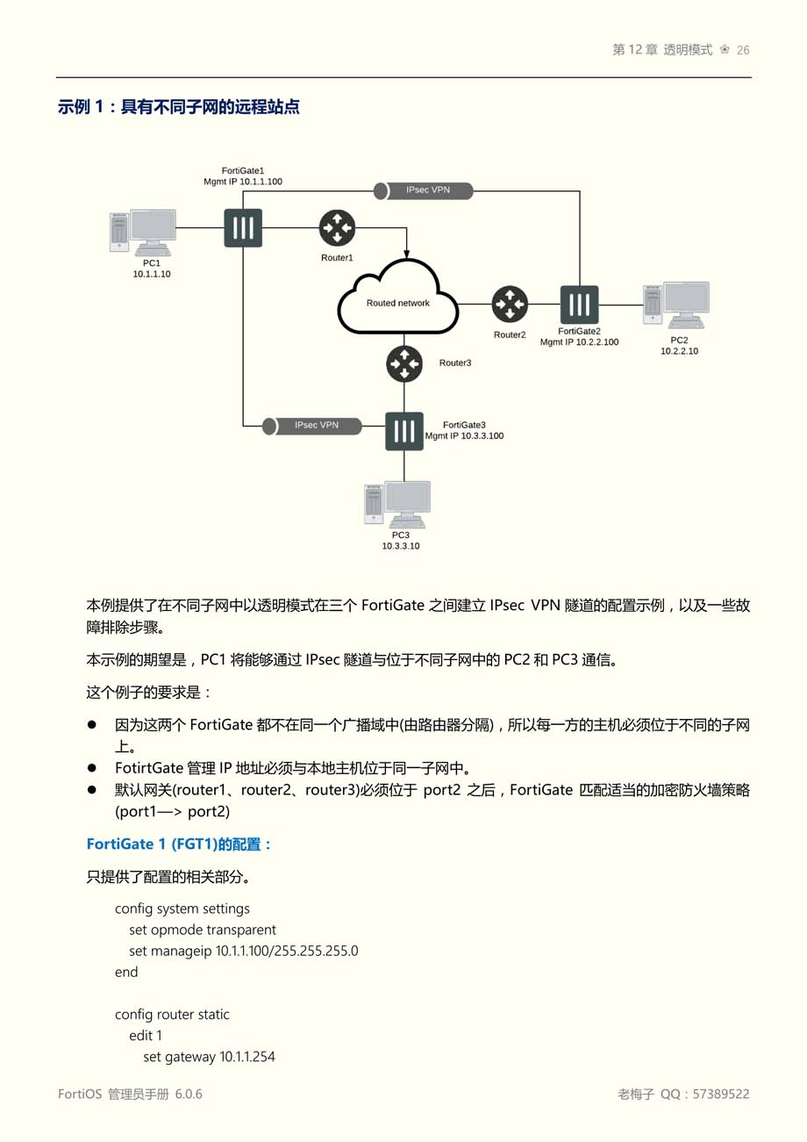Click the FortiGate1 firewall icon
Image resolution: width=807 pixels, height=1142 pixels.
243,227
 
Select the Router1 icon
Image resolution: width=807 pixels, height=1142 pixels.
336,228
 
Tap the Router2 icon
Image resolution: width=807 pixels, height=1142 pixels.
510,305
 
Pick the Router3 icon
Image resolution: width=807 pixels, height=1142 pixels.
404,363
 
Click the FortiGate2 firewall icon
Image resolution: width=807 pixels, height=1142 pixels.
579,305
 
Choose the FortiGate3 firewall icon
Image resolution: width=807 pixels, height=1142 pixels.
404,431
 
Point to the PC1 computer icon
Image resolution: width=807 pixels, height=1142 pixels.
143,231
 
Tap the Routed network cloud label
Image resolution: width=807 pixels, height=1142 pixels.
398,303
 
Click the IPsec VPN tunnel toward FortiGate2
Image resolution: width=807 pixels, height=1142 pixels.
424,190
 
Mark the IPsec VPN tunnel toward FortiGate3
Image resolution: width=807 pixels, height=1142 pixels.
313,426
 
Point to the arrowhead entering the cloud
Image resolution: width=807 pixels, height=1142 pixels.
406,254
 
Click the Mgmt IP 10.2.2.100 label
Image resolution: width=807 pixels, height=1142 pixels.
579,342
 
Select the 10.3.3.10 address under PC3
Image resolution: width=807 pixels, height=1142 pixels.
400,546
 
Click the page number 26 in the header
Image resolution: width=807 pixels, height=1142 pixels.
743,50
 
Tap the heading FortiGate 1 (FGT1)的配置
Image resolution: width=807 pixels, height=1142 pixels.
179,844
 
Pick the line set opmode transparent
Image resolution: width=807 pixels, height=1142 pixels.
203,930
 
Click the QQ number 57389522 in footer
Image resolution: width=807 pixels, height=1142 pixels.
721,1095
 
